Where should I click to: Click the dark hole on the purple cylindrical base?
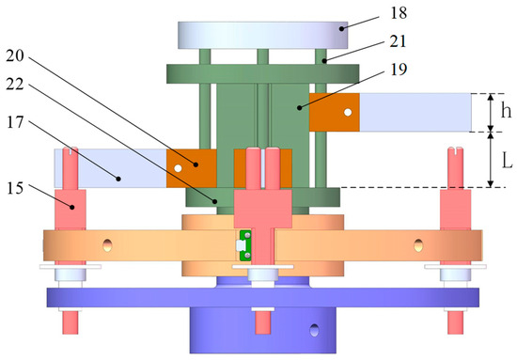pos(313,329)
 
